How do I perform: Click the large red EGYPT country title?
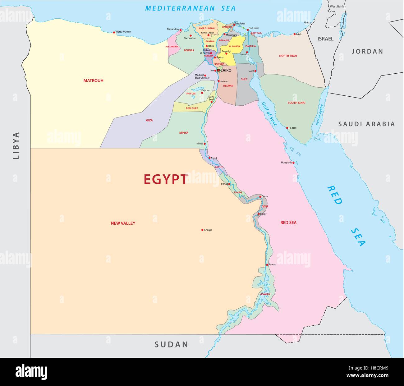coord(166,179)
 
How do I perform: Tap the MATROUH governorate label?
coord(93,80)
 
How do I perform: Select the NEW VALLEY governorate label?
coord(123,223)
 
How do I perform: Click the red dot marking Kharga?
coord(202,230)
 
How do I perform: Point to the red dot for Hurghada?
coord(293,163)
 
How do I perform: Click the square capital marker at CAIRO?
coord(218,71)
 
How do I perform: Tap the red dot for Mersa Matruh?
coord(114,32)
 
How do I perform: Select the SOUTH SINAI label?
coord(296,103)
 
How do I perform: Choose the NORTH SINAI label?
coord(288,56)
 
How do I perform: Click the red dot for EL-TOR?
coord(287,128)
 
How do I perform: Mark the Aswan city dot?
coord(267,265)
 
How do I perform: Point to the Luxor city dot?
coord(259,214)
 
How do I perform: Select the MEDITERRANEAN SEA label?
coord(190,8)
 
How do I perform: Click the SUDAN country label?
coord(172,344)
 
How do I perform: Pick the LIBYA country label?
coord(16,145)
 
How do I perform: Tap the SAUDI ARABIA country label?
coord(366,124)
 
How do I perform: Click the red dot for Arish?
coord(294,34)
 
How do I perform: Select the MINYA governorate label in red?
coord(184,133)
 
